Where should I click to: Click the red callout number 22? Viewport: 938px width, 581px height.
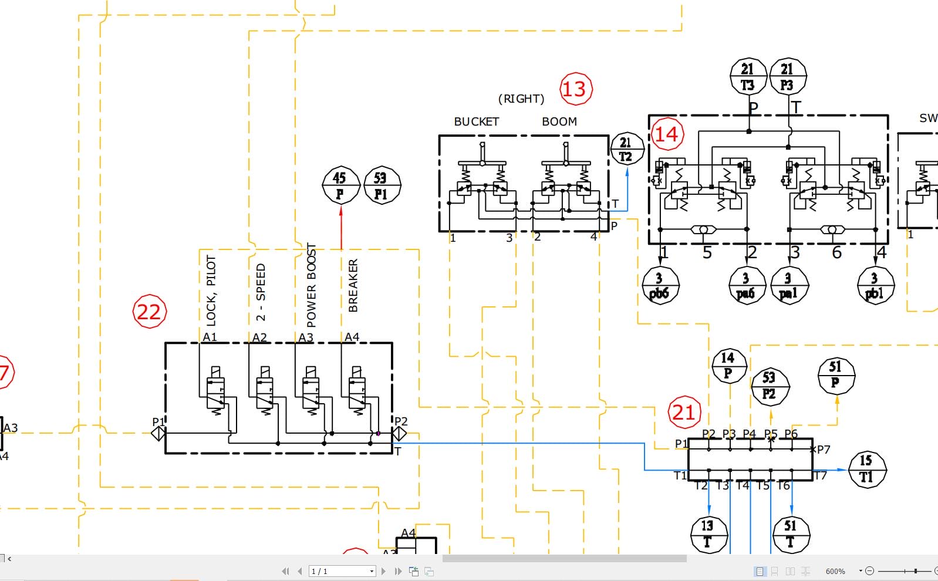pyautogui.click(x=150, y=311)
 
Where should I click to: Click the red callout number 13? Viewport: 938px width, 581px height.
pyautogui.click(x=575, y=89)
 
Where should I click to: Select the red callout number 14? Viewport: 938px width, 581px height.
pyautogui.click(x=666, y=134)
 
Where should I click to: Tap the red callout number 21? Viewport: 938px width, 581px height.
pyautogui.click(x=684, y=412)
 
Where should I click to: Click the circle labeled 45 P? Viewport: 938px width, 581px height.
pyautogui.click(x=340, y=185)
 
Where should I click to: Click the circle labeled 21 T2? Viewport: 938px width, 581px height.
pyautogui.click(x=627, y=149)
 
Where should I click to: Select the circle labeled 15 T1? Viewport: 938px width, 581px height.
pyautogui.click(x=867, y=468)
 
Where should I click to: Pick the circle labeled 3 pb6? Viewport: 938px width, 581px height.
pyautogui.click(x=660, y=285)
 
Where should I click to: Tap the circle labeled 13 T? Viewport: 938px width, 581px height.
pyautogui.click(x=708, y=533)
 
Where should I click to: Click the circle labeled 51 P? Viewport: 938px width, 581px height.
pyautogui.click(x=836, y=375)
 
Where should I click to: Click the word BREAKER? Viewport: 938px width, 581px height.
pyautogui.click(x=353, y=285)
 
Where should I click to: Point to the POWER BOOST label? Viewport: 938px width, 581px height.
pyautogui.click(x=311, y=285)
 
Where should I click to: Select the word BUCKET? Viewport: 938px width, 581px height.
pyautogui.click(x=476, y=121)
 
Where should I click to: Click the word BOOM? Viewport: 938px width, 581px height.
pyautogui.click(x=559, y=121)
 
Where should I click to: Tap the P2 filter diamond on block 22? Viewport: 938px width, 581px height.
pyautogui.click(x=399, y=434)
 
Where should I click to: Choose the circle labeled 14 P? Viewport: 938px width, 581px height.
pyautogui.click(x=728, y=365)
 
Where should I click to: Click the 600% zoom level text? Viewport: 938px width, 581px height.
pyautogui.click(x=835, y=571)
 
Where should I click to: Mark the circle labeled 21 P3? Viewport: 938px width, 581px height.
pyautogui.click(x=788, y=77)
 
